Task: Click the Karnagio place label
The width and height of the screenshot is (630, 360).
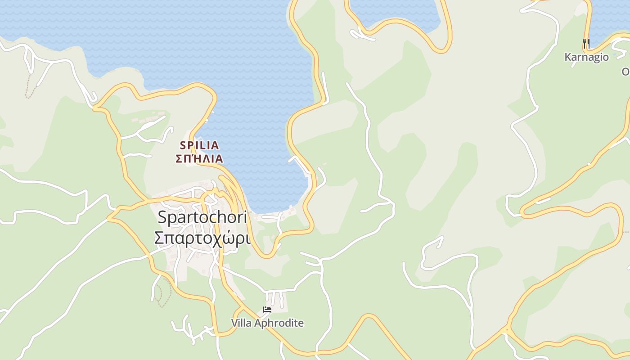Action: [586, 57]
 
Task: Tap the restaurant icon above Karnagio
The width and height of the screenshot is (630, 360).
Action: [586, 44]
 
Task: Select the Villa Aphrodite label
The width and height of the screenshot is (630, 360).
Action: [267, 323]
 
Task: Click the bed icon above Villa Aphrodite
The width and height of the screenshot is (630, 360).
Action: [267, 310]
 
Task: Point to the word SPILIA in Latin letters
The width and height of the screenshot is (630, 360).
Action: [199, 145]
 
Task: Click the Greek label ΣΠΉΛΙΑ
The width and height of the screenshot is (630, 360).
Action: [199, 159]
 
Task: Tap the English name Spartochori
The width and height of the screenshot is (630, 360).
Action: [202, 218]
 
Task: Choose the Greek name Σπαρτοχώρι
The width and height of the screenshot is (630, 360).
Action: [202, 238]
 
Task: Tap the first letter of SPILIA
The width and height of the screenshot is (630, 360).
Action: [183, 145]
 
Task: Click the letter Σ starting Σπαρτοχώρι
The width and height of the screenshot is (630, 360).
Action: [158, 238]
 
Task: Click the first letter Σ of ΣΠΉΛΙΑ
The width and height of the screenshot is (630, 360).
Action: [179, 159]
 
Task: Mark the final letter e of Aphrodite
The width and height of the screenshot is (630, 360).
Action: [301, 324]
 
